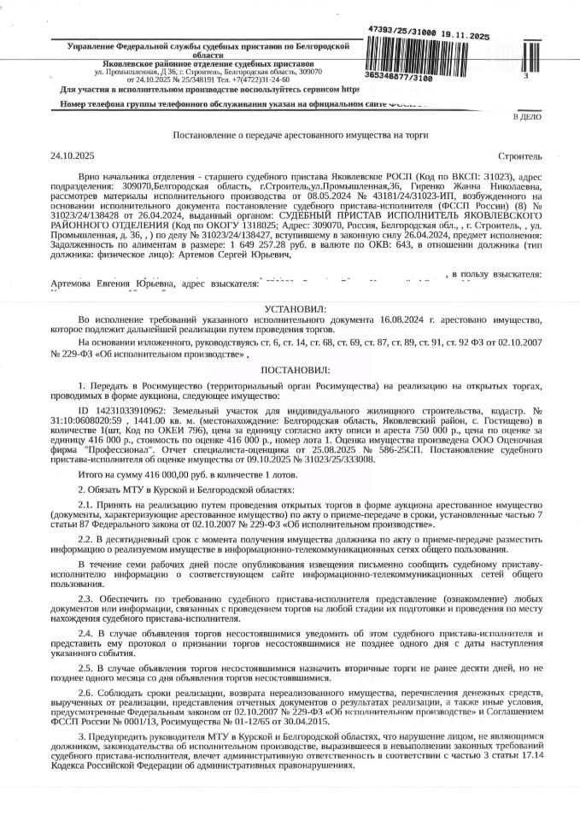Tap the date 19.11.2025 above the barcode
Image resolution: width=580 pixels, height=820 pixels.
[x=466, y=37]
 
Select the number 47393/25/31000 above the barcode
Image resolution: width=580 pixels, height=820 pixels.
[x=403, y=29]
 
